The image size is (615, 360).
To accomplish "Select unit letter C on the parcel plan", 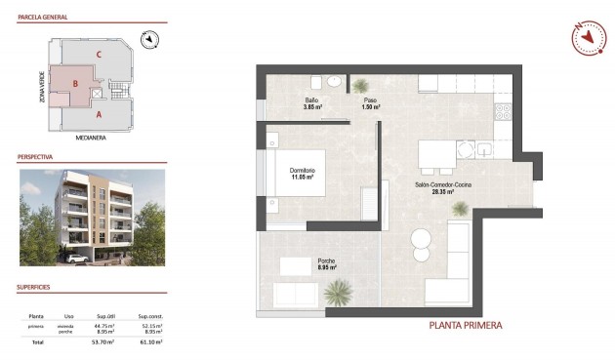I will click(99, 54).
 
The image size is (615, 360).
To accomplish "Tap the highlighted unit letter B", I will click(74, 85).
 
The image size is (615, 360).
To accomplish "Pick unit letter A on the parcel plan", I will click(99, 114).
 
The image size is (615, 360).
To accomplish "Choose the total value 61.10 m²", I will click(149, 342).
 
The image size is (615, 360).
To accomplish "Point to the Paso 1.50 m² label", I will click(370, 104).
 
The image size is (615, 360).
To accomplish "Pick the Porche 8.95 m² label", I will click(327, 263).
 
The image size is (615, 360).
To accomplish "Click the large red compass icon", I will click(589, 37).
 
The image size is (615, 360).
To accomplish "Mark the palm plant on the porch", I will click(339, 290).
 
